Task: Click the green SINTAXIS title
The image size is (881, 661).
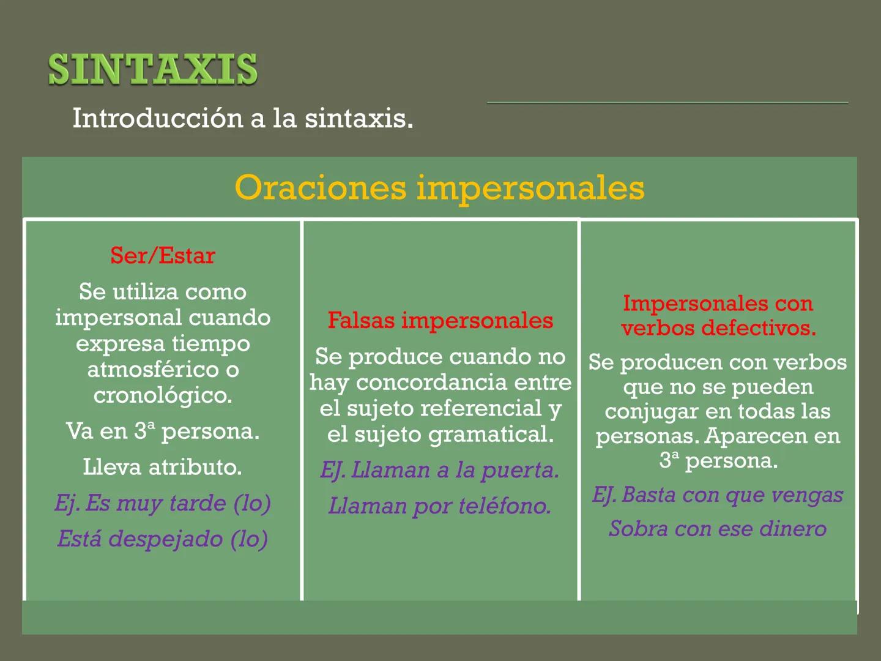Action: click(x=153, y=69)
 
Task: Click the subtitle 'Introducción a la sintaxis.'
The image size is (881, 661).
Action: click(x=243, y=118)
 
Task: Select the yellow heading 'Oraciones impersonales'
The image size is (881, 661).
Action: click(x=439, y=187)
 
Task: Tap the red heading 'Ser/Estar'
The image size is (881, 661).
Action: click(x=163, y=256)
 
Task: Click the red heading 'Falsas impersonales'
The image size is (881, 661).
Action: click(x=440, y=321)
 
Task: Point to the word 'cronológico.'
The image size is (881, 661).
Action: click(x=163, y=395)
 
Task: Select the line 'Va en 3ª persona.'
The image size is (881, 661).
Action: click(x=163, y=431)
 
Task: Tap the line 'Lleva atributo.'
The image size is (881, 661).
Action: click(x=163, y=468)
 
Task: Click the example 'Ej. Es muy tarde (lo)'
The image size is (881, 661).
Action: click(x=163, y=503)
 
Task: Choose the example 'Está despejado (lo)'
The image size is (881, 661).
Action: click(x=163, y=539)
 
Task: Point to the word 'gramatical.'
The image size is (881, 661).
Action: click(x=491, y=435)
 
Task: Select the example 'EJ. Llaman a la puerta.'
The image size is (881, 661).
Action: click(x=440, y=470)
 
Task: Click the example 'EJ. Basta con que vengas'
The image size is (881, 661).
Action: click(x=718, y=495)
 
